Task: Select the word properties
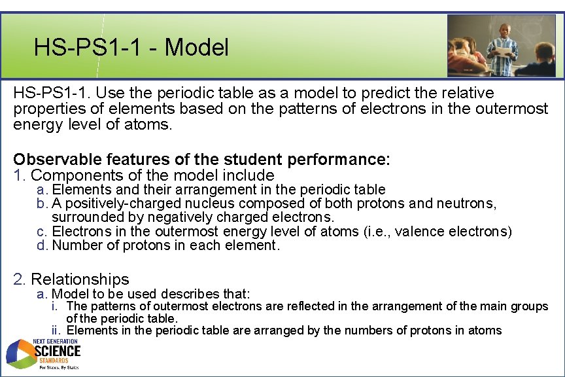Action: (x=46, y=109)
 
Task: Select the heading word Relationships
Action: (x=80, y=279)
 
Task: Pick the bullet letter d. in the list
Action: (x=43, y=245)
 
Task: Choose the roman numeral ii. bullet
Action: (x=58, y=331)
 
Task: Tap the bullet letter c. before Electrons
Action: (x=43, y=232)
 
